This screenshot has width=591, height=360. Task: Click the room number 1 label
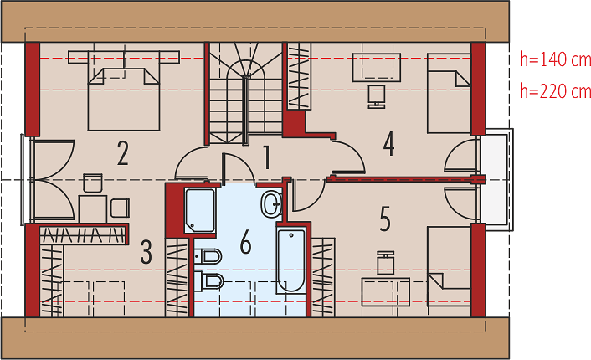point(266,157)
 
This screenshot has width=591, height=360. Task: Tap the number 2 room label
point(123,153)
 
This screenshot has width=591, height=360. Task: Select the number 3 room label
point(146,252)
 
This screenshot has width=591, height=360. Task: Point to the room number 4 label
point(388,144)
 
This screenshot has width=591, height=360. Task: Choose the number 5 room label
point(385,219)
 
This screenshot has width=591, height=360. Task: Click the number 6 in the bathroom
point(245,242)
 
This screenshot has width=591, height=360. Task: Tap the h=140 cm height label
point(555,59)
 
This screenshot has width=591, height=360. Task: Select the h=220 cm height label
point(555,91)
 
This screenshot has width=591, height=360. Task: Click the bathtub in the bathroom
point(291,260)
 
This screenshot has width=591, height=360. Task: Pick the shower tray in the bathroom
point(200,211)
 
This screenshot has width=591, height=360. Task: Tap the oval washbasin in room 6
point(271,204)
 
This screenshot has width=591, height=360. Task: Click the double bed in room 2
point(124,90)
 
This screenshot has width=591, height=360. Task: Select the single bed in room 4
point(449,93)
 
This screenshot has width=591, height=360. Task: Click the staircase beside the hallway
point(246,93)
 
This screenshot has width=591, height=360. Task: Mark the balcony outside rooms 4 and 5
point(497,179)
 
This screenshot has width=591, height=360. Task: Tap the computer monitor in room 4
point(377,96)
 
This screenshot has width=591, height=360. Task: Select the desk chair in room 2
point(93,183)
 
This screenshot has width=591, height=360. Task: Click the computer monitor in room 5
point(386,262)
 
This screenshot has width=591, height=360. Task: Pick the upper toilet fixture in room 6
point(208,257)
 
